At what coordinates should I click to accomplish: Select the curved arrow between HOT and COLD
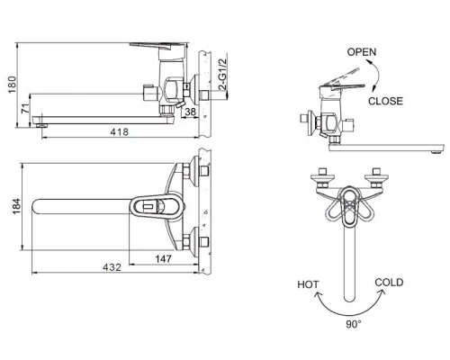tap(348, 301)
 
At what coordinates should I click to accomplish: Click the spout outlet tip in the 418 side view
tap(42, 125)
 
